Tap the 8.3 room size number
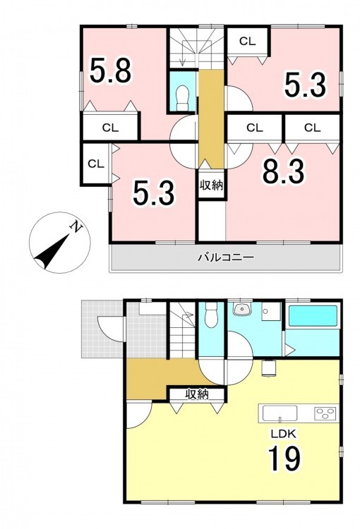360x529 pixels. click(284, 171)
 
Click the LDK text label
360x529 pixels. click(284, 434)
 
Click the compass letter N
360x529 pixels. click(76, 227)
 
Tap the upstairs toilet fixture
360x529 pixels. click(183, 97)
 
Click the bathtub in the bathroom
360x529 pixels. click(313, 316)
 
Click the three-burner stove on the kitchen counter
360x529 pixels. click(325, 413)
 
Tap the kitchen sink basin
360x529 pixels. click(280, 413)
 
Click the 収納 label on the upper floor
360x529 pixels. click(211, 186)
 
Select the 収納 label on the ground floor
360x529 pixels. click(196, 394)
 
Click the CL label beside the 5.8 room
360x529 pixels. click(110, 128)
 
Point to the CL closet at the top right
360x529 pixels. click(248, 41)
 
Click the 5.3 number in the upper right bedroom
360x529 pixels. click(305, 85)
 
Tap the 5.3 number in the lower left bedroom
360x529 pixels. click(154, 193)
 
